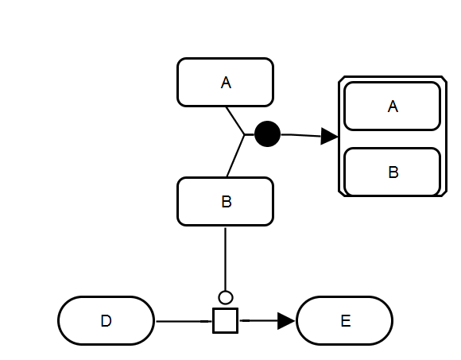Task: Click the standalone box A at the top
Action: [x=226, y=83]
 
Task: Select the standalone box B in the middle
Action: [x=226, y=202]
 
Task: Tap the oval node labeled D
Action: [x=107, y=320]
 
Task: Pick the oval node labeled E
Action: [x=345, y=320]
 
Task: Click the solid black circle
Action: [x=268, y=134]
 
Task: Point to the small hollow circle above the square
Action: [x=226, y=298]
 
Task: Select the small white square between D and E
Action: [x=226, y=320]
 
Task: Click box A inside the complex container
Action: [x=393, y=106]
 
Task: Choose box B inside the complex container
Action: [x=393, y=172]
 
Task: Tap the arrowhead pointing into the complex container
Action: [x=329, y=137]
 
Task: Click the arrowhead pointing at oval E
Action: [x=286, y=321]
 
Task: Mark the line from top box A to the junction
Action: [x=235, y=121]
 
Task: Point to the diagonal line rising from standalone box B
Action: [x=235, y=156]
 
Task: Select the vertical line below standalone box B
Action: [x=226, y=259]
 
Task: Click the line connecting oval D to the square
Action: [x=184, y=321]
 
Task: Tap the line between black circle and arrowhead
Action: [x=300, y=135]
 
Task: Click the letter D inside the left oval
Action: [x=107, y=321]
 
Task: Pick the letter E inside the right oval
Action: [x=346, y=321]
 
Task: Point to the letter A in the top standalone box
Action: [x=226, y=83]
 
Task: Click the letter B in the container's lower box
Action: [x=393, y=172]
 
